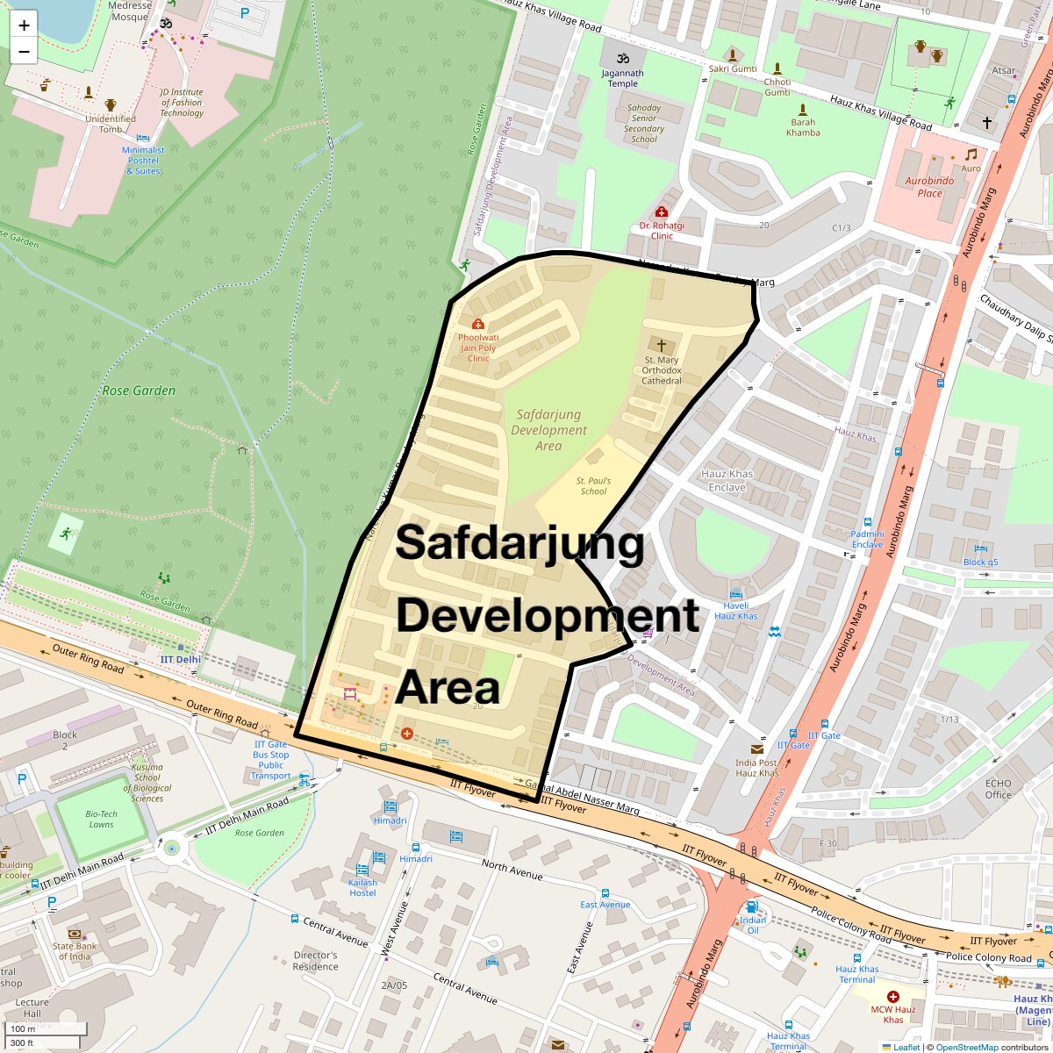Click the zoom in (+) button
(x=24, y=25)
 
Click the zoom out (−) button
(x=24, y=51)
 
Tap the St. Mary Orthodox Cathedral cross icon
(x=662, y=345)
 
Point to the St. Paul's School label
(x=593, y=486)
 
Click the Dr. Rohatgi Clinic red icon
(x=662, y=212)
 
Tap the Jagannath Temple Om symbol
(x=623, y=58)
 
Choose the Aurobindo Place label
(x=930, y=187)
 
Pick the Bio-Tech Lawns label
(x=102, y=819)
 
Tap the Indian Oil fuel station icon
(x=752, y=906)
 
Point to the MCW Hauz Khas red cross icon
(x=893, y=997)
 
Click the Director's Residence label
(x=316, y=961)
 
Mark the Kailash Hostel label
(x=362, y=888)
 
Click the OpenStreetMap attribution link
(x=966, y=1047)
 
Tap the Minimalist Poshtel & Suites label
(x=143, y=161)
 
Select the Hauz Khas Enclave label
(x=727, y=481)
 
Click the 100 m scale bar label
(x=24, y=1028)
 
